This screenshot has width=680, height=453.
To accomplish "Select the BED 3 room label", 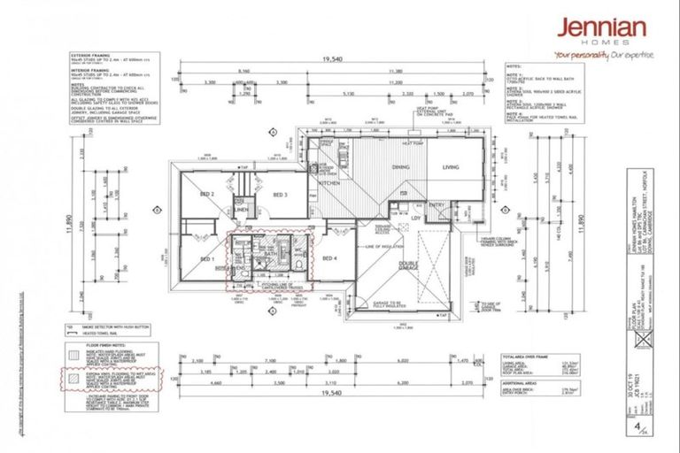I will point(280,194).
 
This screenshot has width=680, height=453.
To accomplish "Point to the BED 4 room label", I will point(330,257).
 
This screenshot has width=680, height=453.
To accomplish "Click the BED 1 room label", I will point(208,259).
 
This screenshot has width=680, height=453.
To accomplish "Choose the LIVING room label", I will point(452,166).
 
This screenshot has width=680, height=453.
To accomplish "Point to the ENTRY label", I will point(437,205).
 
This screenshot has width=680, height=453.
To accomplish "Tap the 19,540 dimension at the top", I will point(332,58).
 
